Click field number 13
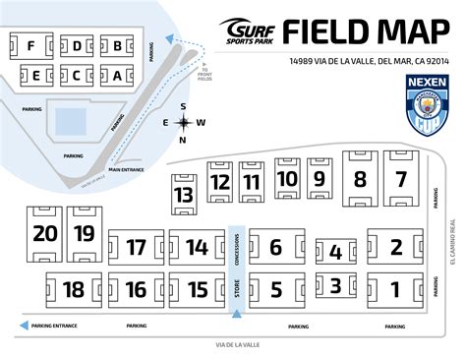(184, 194)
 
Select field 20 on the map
(44, 233)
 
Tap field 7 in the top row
(399, 179)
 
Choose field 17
(137, 247)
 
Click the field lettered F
(31, 45)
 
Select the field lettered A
(117, 75)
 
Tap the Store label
(236, 289)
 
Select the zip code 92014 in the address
(433, 61)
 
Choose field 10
(286, 178)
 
